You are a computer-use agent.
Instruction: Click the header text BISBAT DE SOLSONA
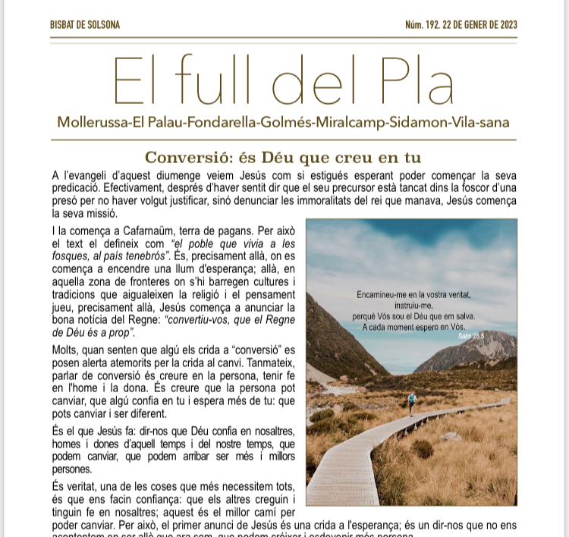click(x=84, y=25)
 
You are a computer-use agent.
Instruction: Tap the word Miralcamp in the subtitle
click(x=366, y=122)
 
